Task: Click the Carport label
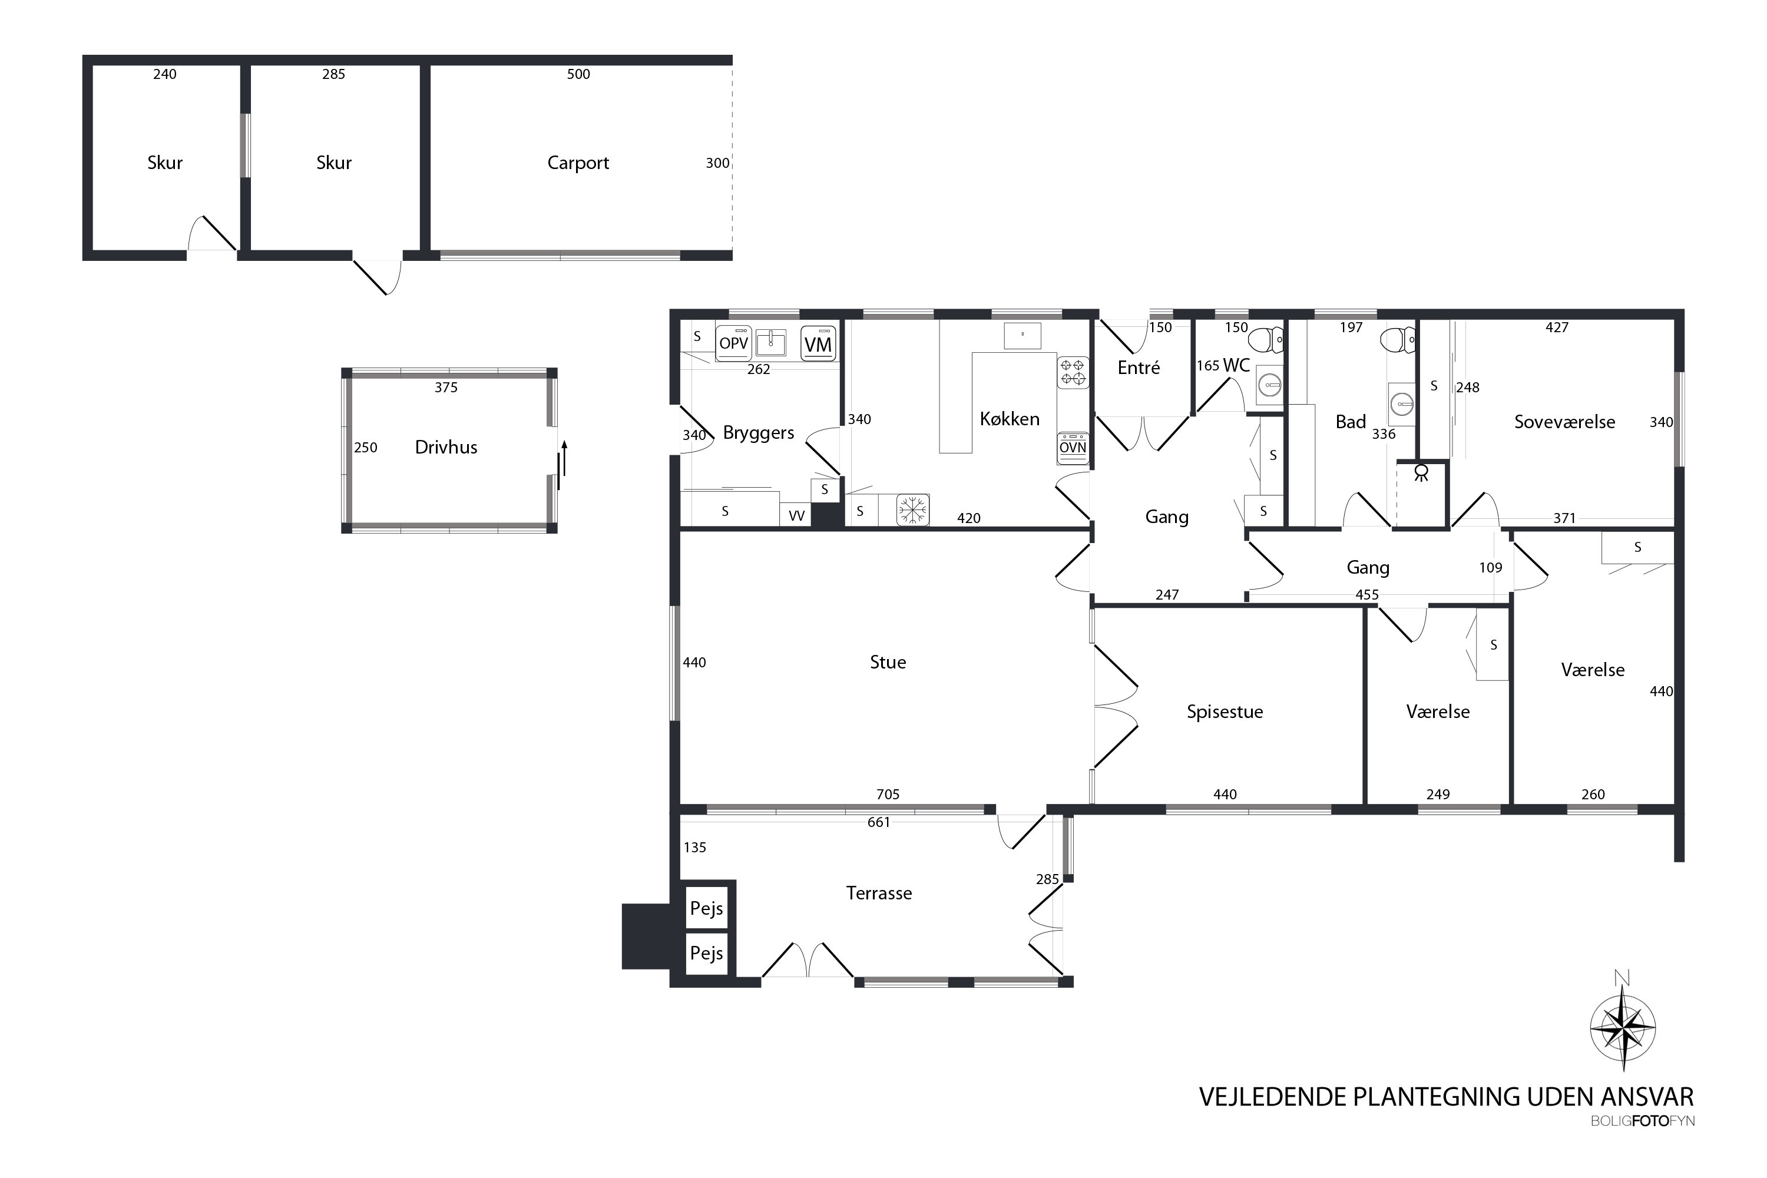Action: [578, 163]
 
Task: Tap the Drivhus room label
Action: [446, 447]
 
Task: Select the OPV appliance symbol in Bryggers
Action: [734, 343]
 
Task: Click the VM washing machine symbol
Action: [818, 344]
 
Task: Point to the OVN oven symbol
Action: [1073, 448]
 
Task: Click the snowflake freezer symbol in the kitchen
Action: [913, 510]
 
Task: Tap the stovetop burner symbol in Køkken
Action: [1073, 372]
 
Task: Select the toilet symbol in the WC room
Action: [1267, 340]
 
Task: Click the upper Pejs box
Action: [707, 908]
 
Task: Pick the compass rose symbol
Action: [1623, 1027]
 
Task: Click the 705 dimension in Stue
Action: [888, 794]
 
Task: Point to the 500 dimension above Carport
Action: [578, 74]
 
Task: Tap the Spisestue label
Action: [1225, 712]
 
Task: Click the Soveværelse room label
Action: [1565, 422]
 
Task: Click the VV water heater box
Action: [796, 515]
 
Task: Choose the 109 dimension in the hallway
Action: [1491, 567]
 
